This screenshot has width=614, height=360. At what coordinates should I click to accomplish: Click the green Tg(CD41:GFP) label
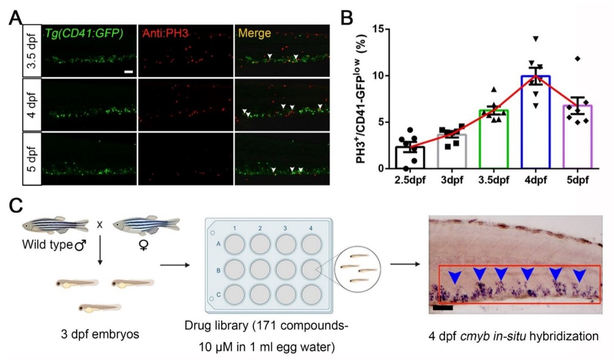pos(84,34)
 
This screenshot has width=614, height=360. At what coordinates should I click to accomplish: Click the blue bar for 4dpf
pos(536,122)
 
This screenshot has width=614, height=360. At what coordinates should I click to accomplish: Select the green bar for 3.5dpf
pos(494,139)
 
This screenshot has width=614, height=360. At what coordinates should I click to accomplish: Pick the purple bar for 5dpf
pos(577,136)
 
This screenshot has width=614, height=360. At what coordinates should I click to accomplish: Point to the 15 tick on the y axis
pos(379,29)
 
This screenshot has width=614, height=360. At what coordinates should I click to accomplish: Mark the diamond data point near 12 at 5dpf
pos(578,59)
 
